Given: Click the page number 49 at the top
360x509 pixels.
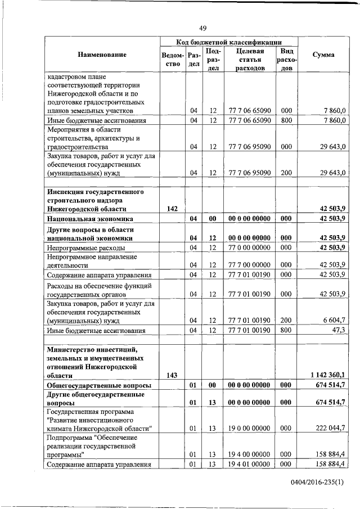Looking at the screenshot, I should pos(203,29).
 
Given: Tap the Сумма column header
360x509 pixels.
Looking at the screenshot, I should pos(323,55).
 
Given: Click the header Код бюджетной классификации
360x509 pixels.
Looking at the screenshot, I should pos(228,42).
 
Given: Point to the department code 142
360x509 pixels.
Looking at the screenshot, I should pos(173,209).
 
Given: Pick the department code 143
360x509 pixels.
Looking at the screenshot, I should pos(173,375).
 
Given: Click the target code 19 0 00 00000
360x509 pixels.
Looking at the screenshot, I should pos(249,428).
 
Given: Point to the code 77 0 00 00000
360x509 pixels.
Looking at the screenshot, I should pos(249,247).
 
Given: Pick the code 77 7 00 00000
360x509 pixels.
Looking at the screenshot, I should pos(249,265).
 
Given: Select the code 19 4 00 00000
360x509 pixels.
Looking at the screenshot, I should pos(249,454).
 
